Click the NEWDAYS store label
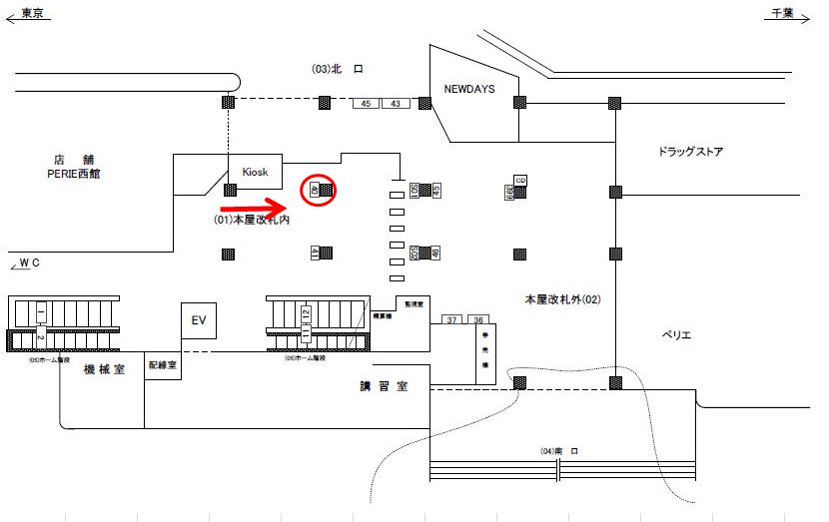(469, 89)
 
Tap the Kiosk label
(256, 171)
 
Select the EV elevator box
(198, 319)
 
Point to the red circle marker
(320, 189)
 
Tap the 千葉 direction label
(783, 13)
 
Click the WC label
(29, 262)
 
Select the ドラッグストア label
(690, 152)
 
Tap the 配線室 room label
(162, 365)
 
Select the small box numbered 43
(395, 103)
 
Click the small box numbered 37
(452, 319)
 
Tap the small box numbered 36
(479, 319)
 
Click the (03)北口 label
(341, 68)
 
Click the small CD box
(520, 180)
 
